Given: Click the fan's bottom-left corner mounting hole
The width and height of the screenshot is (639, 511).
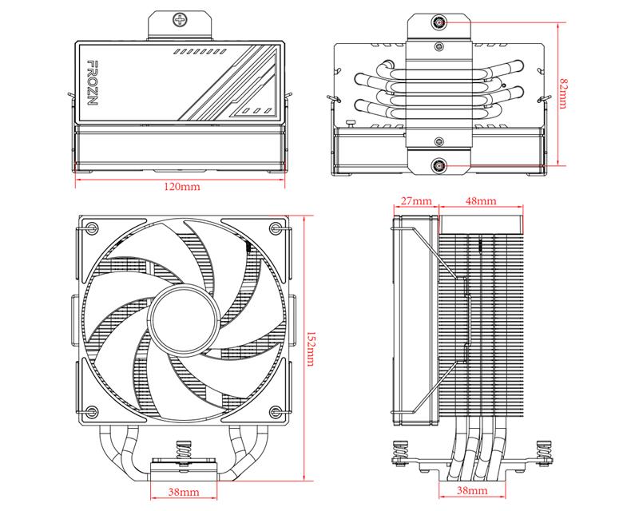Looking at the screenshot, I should pos(91,411).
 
